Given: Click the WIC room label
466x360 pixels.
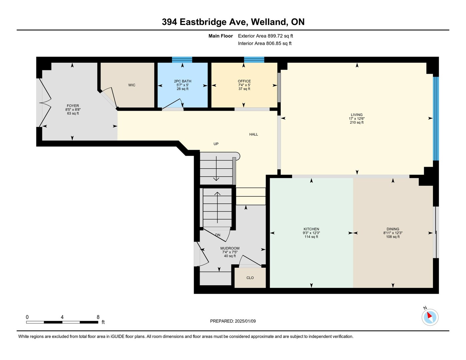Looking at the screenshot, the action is click(x=132, y=85).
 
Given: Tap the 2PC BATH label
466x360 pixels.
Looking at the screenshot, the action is click(x=182, y=81).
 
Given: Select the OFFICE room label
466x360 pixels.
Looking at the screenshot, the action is click(x=244, y=81).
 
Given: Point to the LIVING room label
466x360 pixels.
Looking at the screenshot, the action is click(x=357, y=115).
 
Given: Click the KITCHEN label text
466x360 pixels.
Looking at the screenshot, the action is click(x=311, y=229).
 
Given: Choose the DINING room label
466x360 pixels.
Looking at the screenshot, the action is click(x=393, y=229).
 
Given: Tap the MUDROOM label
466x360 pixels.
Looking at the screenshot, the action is click(x=230, y=248).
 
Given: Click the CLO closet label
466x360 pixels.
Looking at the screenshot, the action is click(x=250, y=278).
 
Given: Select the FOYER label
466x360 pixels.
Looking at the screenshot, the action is click(x=73, y=106).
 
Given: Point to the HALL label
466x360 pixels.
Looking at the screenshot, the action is click(x=253, y=134).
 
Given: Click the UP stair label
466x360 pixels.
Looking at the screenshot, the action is click(x=216, y=144).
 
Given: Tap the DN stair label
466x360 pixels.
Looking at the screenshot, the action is click(x=218, y=235).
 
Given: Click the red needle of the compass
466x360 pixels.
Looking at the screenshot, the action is click(x=429, y=315).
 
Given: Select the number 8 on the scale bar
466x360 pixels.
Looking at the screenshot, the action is click(x=98, y=317).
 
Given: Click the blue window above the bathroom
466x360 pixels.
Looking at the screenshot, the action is click(x=182, y=60).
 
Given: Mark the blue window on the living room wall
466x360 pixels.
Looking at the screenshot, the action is click(x=436, y=119).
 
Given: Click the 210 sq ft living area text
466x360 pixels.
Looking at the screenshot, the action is click(x=357, y=122).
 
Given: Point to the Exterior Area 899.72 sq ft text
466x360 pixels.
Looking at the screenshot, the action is click(x=265, y=36).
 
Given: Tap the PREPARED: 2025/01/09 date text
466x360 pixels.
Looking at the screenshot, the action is click(x=233, y=321).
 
